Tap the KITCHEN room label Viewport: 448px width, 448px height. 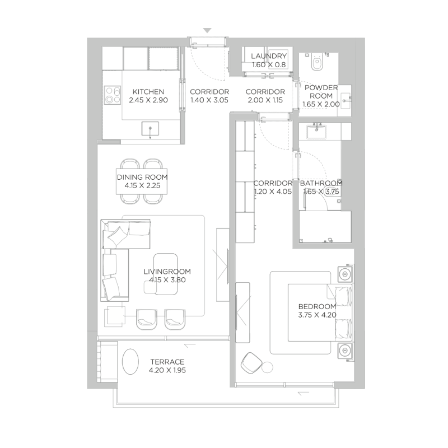click(148, 92)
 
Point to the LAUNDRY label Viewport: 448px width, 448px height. click(269, 57)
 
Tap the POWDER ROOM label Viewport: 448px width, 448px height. click(321, 92)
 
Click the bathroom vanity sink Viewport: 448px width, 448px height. click(318, 130)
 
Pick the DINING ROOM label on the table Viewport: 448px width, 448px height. click(142, 178)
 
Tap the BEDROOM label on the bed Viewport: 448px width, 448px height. click(317, 306)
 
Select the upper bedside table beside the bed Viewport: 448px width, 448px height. click(346, 276)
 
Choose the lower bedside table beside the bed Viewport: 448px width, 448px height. click(346, 351)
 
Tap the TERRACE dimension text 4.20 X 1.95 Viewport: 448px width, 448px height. click(166, 371)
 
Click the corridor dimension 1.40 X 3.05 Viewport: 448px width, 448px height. click(209, 100)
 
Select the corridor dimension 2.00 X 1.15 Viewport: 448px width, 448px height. click(265, 100)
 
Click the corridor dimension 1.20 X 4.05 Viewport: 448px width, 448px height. click(273, 192)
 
